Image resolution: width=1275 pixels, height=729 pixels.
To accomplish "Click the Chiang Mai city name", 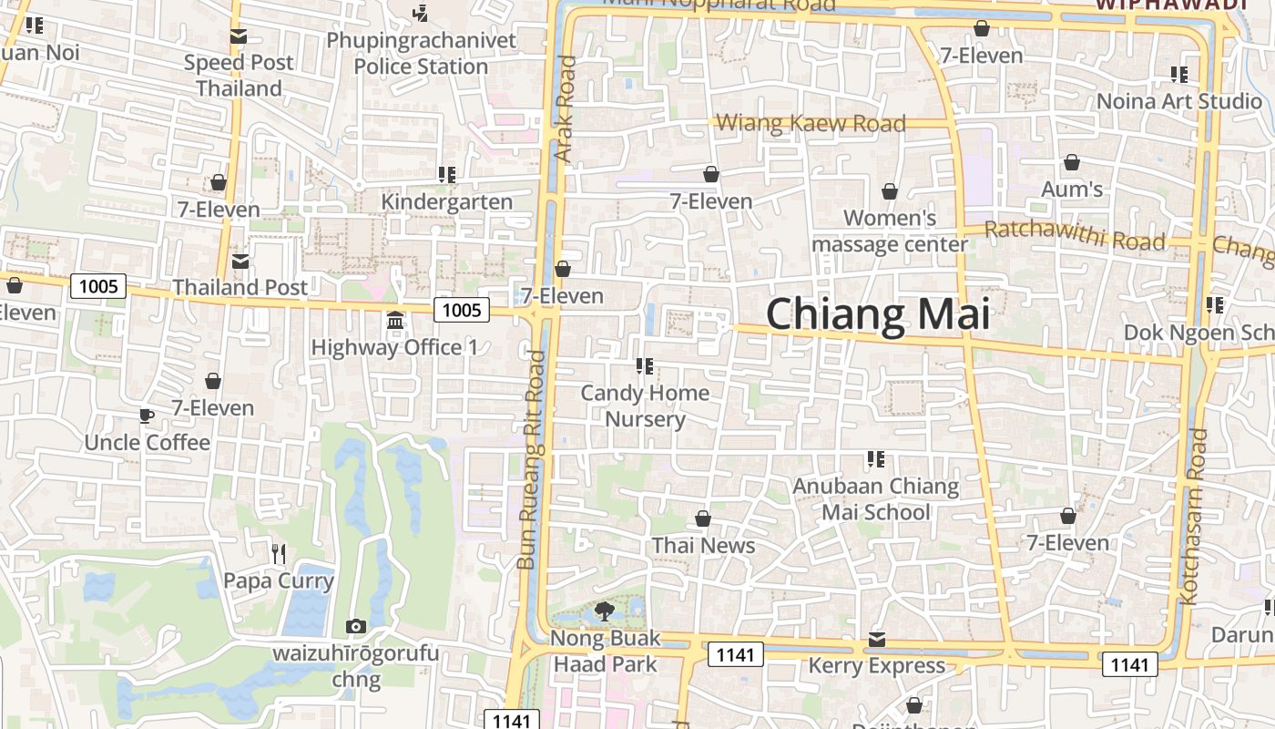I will [877, 314].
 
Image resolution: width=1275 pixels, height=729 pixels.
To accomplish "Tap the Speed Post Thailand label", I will [240, 76].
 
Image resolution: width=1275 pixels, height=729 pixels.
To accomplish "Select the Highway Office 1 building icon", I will [395, 321].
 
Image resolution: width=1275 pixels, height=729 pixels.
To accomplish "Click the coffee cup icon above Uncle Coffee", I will [146, 416].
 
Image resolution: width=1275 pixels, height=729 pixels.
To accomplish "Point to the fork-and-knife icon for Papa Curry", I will [279, 553].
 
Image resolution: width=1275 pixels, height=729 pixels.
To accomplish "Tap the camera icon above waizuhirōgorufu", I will [356, 626].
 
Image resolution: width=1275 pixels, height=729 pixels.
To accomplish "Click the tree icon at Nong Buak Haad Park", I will [603, 611].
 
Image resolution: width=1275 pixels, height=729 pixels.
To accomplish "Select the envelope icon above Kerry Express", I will [876, 639].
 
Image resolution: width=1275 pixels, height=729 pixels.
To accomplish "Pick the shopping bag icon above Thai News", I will [703, 519].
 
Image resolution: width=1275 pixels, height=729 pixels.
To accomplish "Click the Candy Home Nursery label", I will [645, 406].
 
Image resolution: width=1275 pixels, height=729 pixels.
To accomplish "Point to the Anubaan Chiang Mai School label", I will [875, 498].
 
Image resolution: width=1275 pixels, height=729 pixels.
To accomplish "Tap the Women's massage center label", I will [890, 231].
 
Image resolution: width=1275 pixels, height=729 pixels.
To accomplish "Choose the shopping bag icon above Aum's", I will [1072, 162].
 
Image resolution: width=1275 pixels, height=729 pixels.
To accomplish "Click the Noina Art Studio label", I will [1178, 100].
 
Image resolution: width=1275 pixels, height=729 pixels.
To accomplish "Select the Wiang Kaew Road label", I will [811, 123].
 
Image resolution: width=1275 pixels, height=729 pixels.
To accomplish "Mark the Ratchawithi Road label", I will [1075, 235].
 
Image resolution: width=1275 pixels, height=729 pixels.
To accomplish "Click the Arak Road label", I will [566, 109].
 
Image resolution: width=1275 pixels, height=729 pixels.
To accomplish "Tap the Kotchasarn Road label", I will [1194, 515].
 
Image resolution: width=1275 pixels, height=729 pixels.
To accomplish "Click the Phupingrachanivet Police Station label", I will [421, 54].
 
